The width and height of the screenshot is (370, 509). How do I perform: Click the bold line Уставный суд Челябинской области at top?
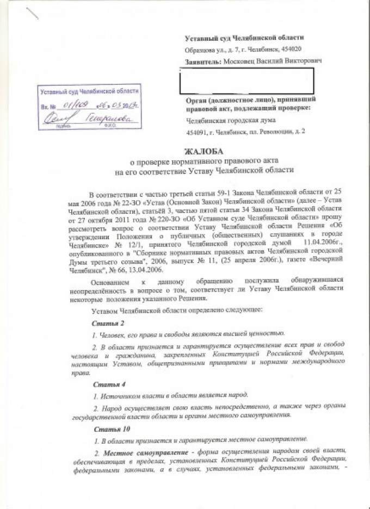pos(244,38)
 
